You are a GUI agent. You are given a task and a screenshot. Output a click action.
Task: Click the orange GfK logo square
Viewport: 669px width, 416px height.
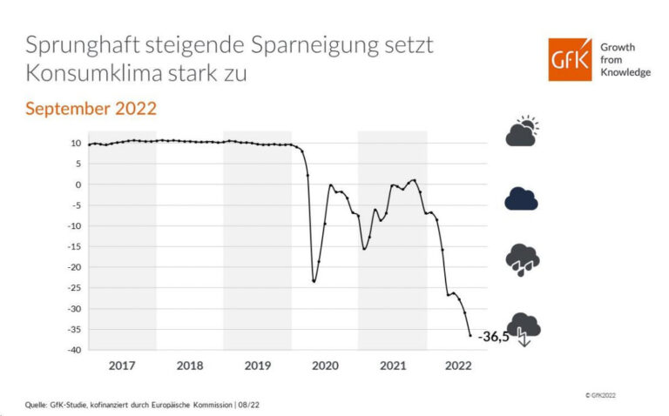coord(570,60)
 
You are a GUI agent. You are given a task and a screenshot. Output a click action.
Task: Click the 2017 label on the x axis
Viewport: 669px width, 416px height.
coord(122,365)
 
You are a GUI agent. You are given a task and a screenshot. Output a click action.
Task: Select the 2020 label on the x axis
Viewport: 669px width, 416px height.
coord(325,365)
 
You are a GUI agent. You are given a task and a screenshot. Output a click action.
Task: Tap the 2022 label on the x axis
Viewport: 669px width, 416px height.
coord(460,365)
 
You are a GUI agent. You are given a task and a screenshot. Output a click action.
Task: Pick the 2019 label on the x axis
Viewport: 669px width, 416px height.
coord(257,365)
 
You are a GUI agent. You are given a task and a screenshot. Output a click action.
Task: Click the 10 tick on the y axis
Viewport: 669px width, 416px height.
coord(77,143)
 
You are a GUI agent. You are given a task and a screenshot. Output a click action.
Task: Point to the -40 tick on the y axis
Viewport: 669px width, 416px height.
coord(75,350)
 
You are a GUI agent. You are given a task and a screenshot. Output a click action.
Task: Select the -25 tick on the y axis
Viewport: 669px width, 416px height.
coord(75,288)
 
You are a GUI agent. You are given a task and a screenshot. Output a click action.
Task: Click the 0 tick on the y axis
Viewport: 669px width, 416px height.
coord(79,185)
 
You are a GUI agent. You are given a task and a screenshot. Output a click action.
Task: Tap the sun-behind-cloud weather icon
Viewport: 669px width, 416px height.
coord(523,131)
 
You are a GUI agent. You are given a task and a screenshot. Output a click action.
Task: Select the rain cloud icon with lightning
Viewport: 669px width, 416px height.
coord(523,258)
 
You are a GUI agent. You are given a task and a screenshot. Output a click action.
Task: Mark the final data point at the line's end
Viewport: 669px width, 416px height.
coord(470,335)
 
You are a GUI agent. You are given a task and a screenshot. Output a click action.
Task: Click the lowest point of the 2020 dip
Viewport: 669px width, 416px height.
coord(314,281)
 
